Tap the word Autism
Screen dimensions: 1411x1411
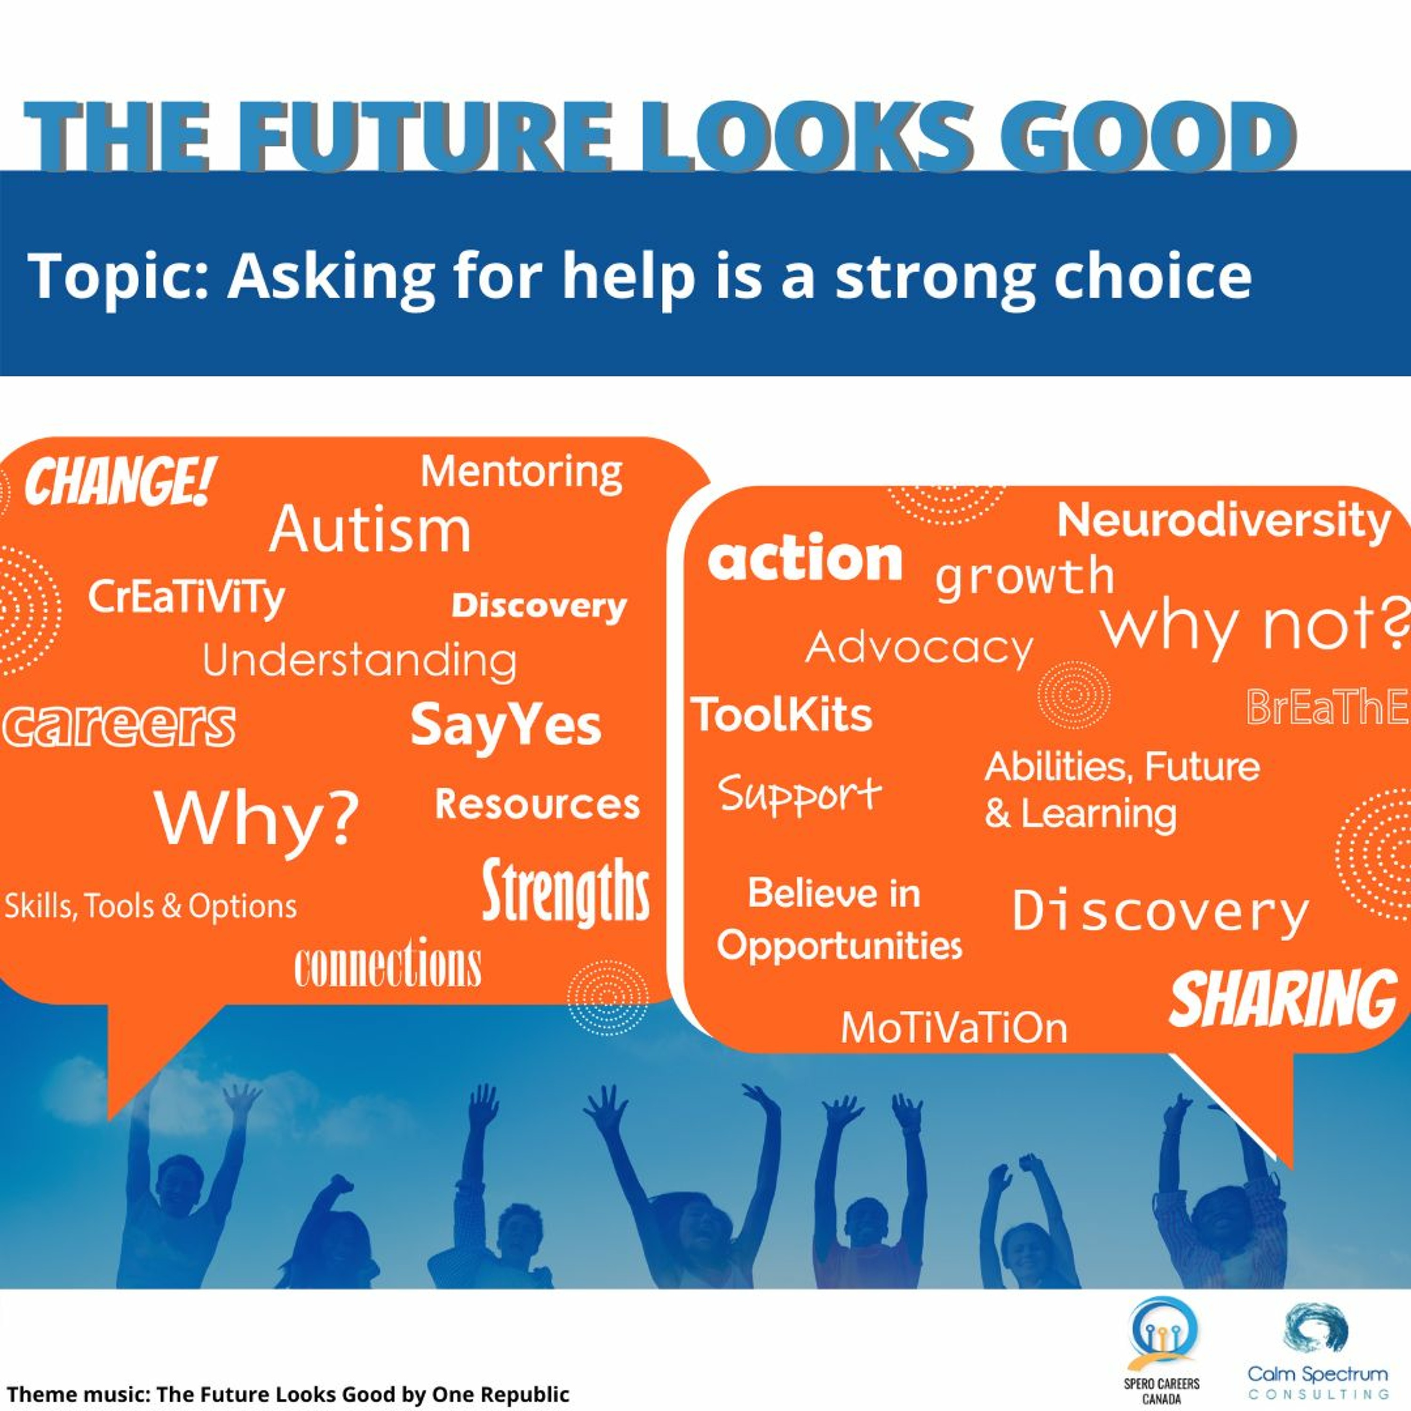[370, 530]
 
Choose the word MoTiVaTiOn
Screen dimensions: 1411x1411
[954, 1028]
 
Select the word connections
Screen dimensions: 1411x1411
[388, 963]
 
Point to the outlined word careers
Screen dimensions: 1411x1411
[119, 725]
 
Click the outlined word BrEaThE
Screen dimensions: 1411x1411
[1327, 707]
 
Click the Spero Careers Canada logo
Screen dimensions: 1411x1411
[1162, 1348]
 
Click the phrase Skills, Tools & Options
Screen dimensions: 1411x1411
[151, 906]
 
